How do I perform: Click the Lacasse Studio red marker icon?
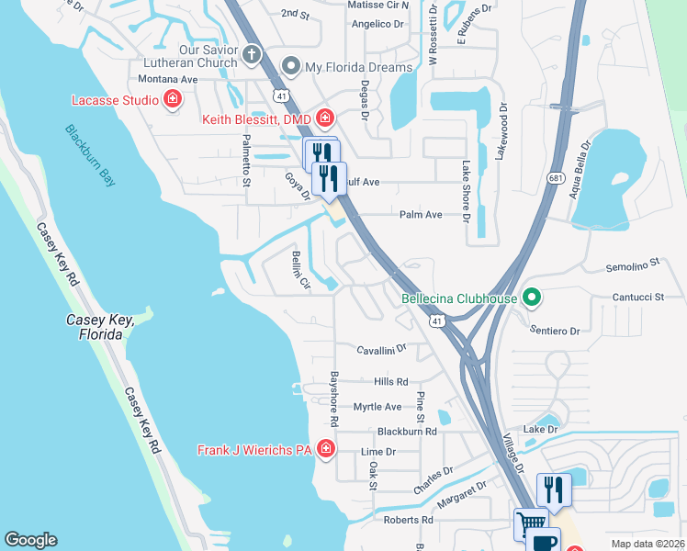point(172,100)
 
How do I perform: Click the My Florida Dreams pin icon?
point(291,66)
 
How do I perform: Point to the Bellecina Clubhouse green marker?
point(529,298)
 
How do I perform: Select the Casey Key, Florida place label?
point(101,327)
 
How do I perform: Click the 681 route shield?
point(554,177)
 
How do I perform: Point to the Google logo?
point(30,540)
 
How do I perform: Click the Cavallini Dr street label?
point(381,350)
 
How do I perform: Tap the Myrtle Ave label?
point(377,407)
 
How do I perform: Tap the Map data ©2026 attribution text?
point(648,544)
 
